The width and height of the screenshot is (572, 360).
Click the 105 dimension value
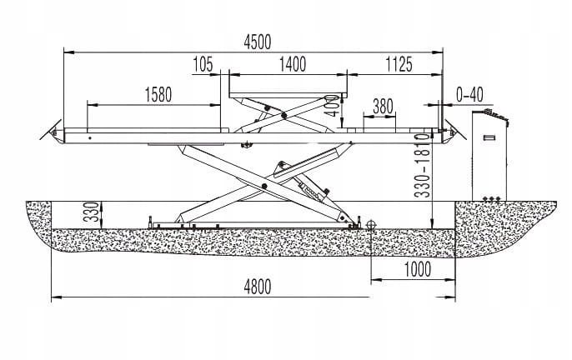[x=203, y=64]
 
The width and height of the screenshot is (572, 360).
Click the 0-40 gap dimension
[x=470, y=94]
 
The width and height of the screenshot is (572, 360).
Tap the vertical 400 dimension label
[x=331, y=104]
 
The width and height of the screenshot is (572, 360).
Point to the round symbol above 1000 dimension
[x=371, y=223]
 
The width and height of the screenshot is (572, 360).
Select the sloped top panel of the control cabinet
[x=494, y=116]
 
